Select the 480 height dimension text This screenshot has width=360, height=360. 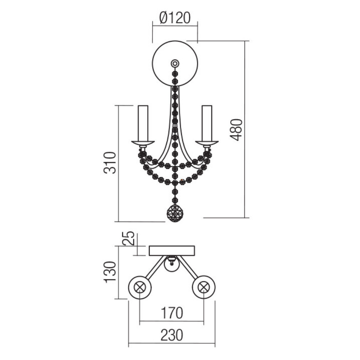point(236,130)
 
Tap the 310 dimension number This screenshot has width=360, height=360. point(110,163)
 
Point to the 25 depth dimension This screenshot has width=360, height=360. point(128,238)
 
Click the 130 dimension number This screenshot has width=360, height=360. point(110,272)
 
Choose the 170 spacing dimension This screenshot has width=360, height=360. point(172,313)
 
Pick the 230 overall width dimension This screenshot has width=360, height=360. point(172,335)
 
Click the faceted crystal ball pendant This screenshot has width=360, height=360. point(175,213)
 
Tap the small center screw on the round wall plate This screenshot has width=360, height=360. point(175,63)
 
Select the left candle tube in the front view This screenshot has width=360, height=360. point(143,123)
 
